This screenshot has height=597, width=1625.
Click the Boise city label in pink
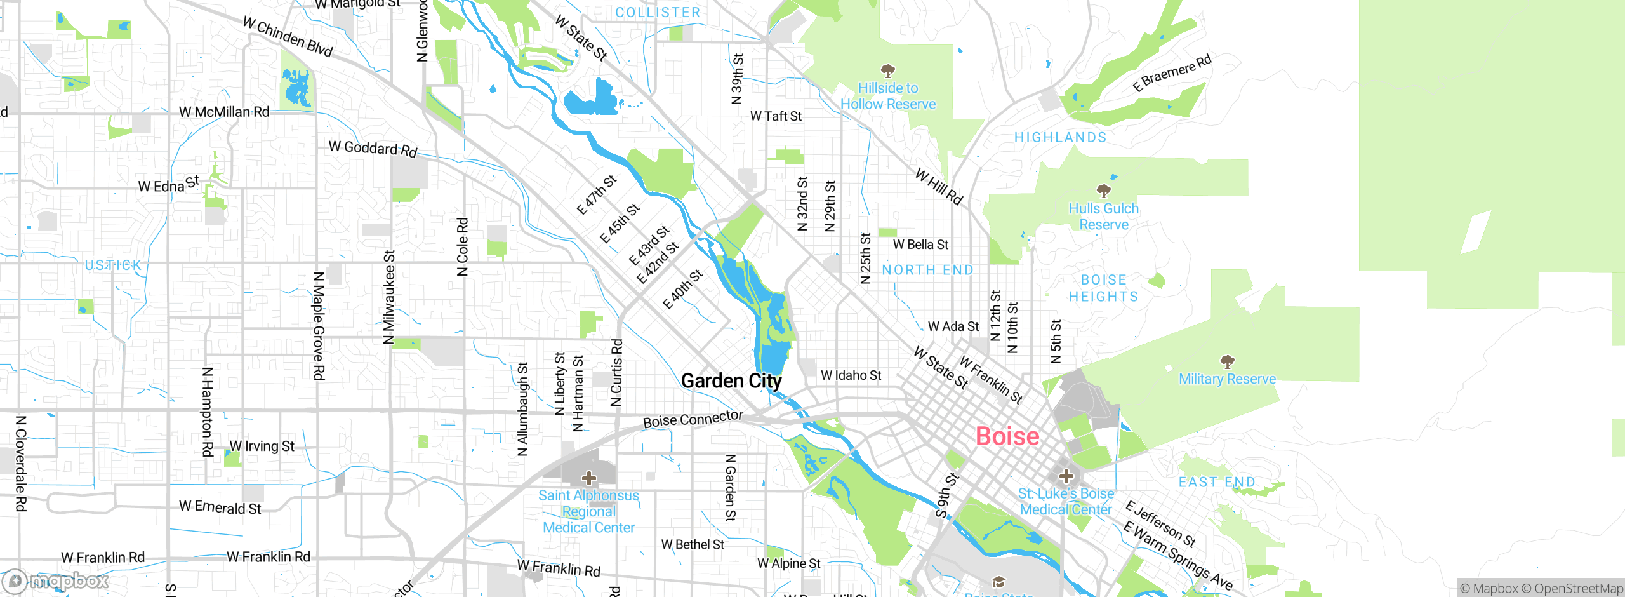click(x=1007, y=436)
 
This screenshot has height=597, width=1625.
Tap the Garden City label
click(x=731, y=381)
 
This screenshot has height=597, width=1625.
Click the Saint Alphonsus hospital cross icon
click(x=589, y=478)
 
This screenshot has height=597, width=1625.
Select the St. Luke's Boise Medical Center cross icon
click(x=1066, y=476)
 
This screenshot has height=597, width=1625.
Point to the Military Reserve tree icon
click(x=1228, y=362)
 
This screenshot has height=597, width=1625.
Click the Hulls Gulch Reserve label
click(x=1104, y=217)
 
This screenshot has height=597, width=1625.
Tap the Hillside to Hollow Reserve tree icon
click(x=888, y=70)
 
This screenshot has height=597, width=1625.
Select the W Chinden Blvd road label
click(x=288, y=37)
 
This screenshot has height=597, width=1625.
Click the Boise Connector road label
click(x=693, y=419)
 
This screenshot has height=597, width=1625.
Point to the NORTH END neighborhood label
click(x=927, y=270)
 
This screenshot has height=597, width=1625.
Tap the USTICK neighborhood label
click(x=114, y=265)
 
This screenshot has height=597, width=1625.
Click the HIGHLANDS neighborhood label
click(x=1060, y=137)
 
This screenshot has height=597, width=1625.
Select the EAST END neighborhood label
click(x=1217, y=482)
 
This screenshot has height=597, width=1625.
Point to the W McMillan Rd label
click(x=224, y=112)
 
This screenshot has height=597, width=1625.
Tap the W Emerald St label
click(x=220, y=507)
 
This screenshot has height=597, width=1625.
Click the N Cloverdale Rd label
click(x=21, y=463)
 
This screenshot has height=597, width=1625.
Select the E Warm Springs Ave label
click(x=1177, y=556)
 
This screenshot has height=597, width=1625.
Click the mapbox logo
click(x=56, y=580)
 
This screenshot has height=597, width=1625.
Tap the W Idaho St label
click(x=851, y=375)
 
